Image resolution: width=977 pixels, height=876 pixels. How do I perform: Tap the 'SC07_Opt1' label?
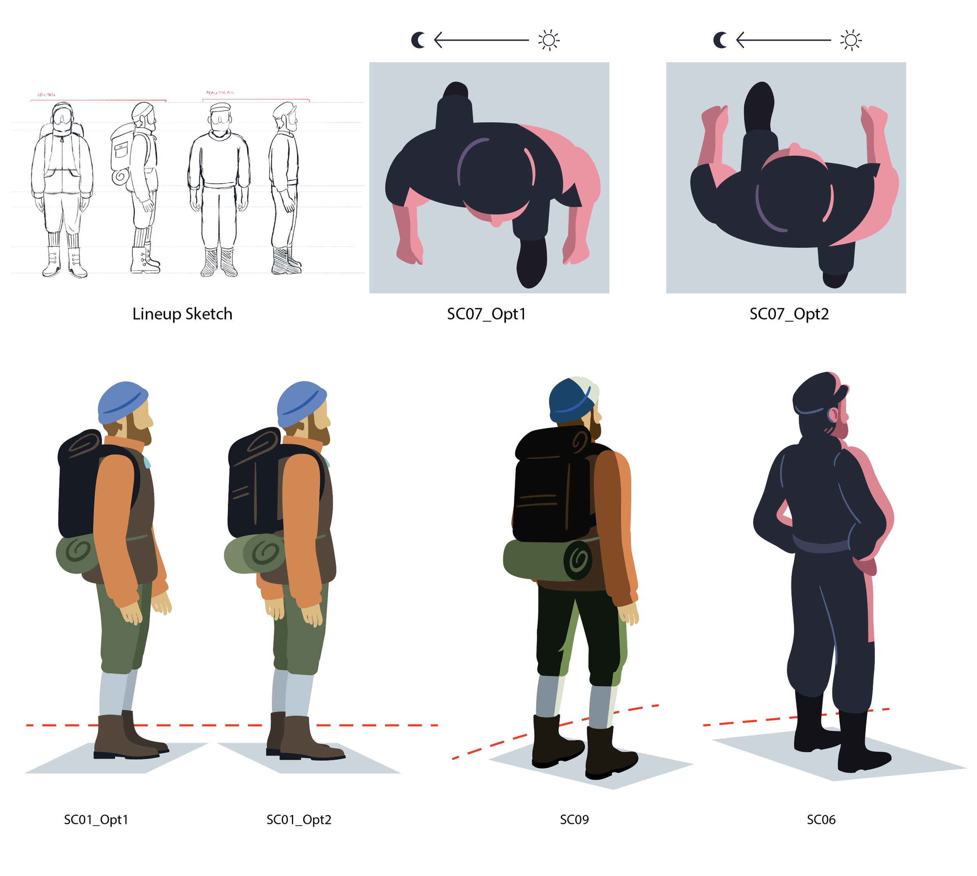point(486,314)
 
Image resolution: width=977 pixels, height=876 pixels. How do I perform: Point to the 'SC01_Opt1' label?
point(96,819)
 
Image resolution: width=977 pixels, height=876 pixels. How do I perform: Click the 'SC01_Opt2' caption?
point(299,819)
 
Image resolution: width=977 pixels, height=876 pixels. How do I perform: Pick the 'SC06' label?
point(821,819)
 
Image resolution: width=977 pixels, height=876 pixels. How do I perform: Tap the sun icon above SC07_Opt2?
point(850,40)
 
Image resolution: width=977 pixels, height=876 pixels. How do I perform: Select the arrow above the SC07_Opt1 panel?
point(481,40)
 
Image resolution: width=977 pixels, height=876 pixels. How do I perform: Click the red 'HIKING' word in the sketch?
point(46,95)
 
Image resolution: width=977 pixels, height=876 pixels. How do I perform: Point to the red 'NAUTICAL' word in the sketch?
point(220,92)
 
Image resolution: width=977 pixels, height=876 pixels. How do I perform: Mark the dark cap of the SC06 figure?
point(815,392)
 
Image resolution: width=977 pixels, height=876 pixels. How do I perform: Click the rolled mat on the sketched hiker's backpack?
point(119,176)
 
